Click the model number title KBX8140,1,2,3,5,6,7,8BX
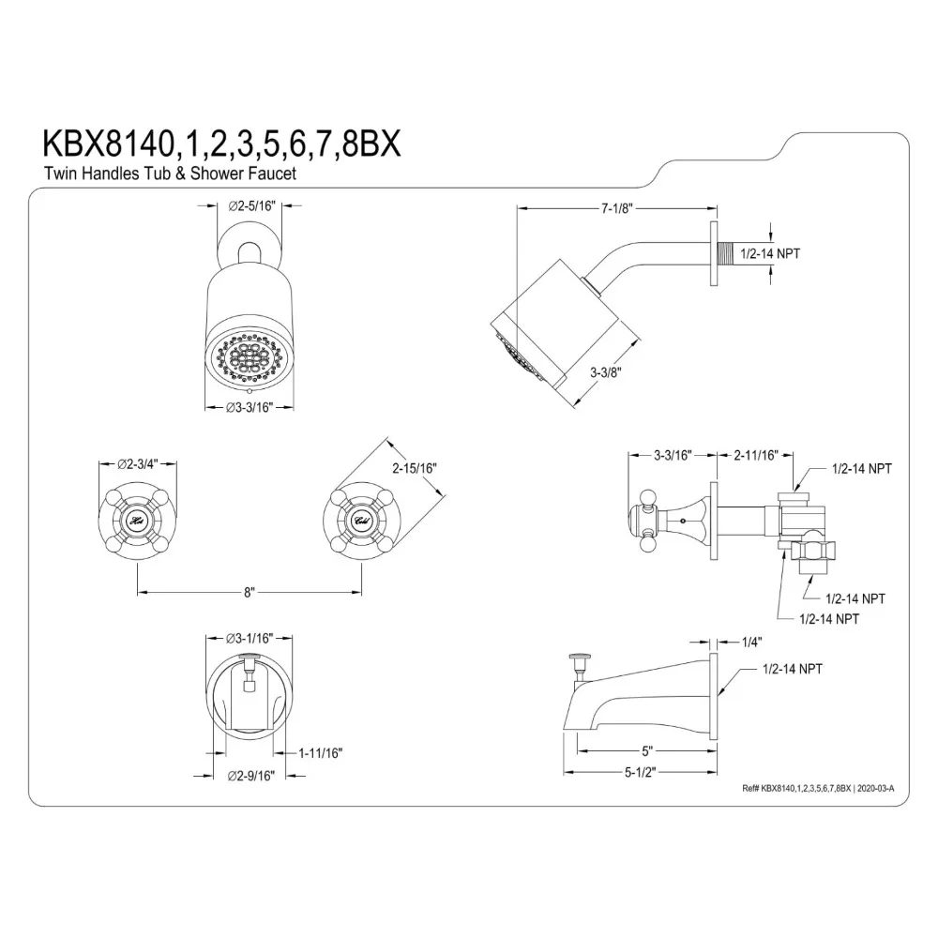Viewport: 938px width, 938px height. pyautogui.click(x=221, y=144)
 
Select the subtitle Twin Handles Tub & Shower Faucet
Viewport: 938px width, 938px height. pyautogui.click(x=170, y=174)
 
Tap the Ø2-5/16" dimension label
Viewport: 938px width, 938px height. pyautogui.click(x=251, y=206)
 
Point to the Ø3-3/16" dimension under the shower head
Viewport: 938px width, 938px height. pyautogui.click(x=250, y=408)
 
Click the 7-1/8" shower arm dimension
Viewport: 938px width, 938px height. pyautogui.click(x=617, y=208)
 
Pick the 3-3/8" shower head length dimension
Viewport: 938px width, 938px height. pyautogui.click(x=606, y=372)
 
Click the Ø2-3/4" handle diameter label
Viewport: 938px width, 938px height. pyautogui.click(x=138, y=464)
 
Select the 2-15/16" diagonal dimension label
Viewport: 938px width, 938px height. pyautogui.click(x=415, y=468)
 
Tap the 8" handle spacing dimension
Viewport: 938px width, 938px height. pyautogui.click(x=250, y=592)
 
